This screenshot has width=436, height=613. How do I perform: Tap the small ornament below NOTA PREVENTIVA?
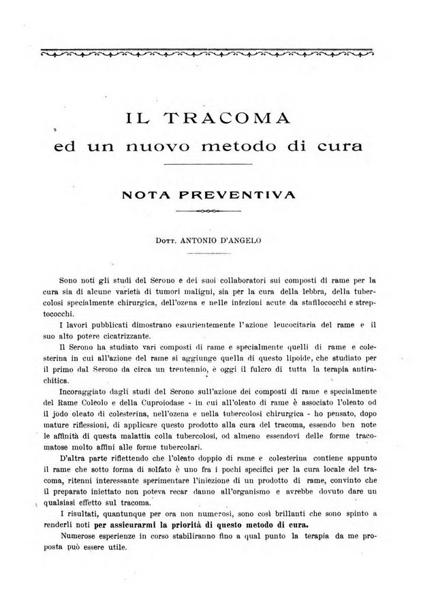206,212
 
